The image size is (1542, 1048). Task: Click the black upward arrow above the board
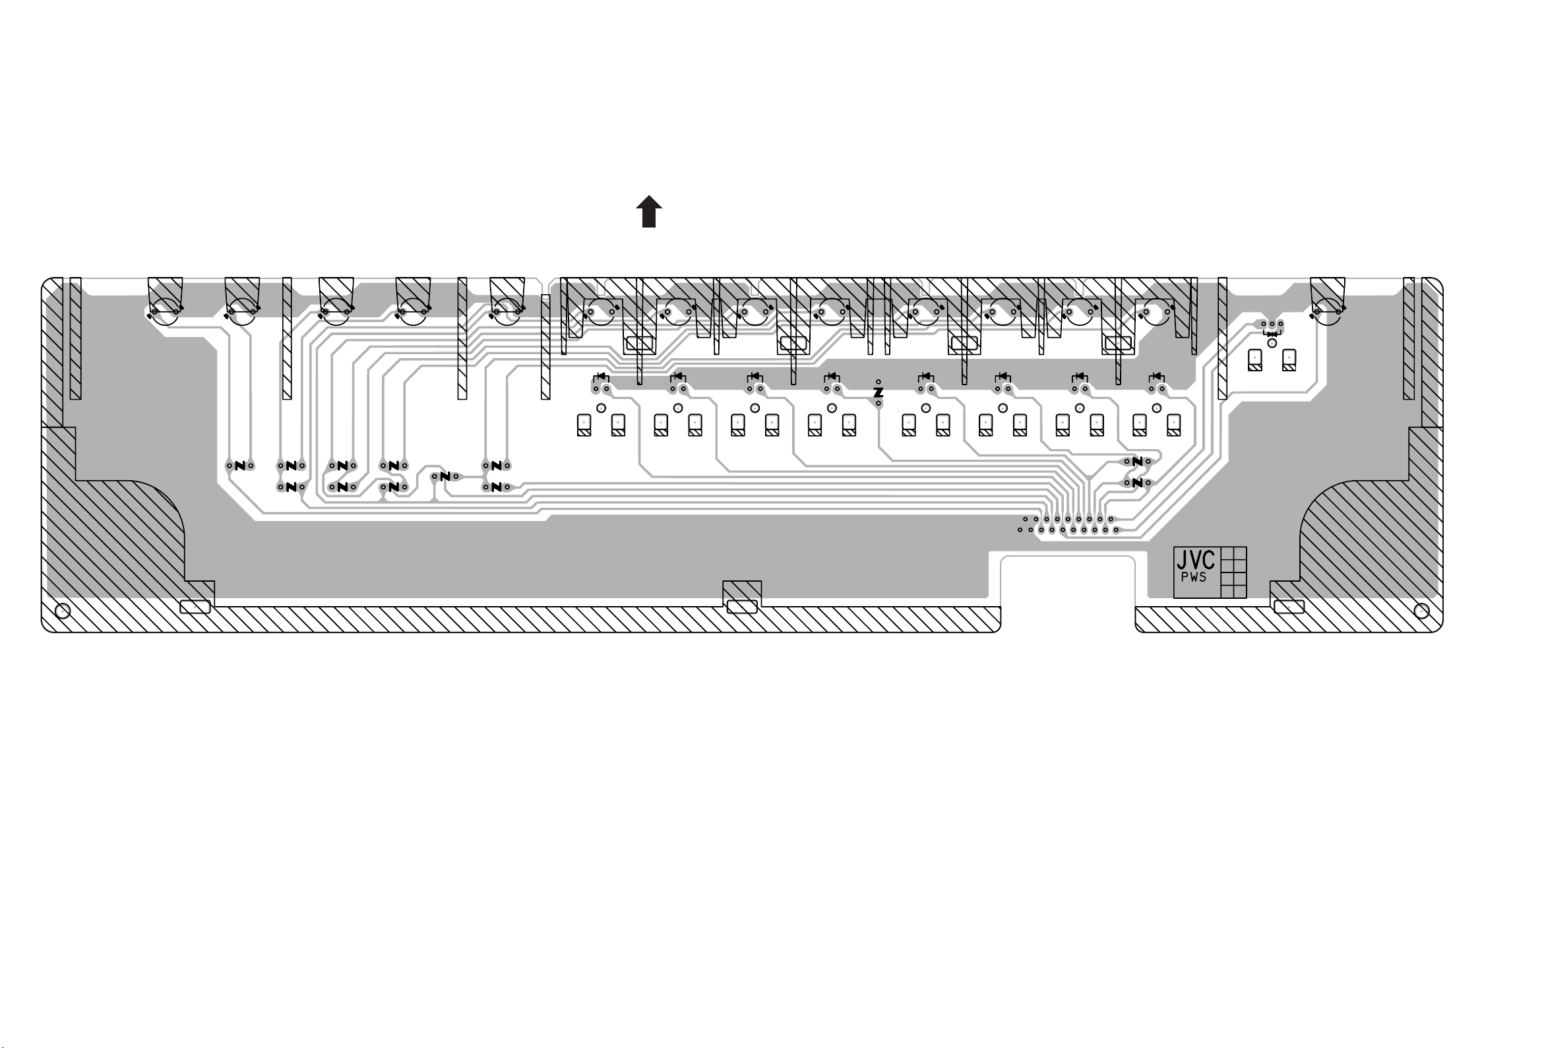(x=649, y=212)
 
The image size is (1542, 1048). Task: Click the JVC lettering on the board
(x=1196, y=560)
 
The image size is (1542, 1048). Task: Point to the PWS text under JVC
(x=1194, y=578)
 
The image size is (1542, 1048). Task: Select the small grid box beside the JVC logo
(x=1233, y=572)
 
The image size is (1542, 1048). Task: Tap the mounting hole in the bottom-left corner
(x=63, y=611)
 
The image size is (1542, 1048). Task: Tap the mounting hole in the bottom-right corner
(x=1421, y=611)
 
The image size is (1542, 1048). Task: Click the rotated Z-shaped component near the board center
(x=879, y=393)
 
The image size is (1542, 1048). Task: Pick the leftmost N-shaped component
(x=240, y=466)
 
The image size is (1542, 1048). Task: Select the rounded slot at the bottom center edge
(x=742, y=606)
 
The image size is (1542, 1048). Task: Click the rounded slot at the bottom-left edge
(x=195, y=607)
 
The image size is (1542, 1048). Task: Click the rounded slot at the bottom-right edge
(x=1289, y=607)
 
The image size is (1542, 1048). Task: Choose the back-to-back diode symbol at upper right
(x=1272, y=334)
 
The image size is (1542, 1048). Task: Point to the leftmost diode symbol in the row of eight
(x=601, y=377)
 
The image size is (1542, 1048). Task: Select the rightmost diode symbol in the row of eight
(x=1157, y=377)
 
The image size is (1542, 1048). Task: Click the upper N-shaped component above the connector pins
(x=1137, y=461)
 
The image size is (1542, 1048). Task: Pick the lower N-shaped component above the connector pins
(x=1137, y=483)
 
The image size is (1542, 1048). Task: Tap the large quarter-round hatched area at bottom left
(x=133, y=531)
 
